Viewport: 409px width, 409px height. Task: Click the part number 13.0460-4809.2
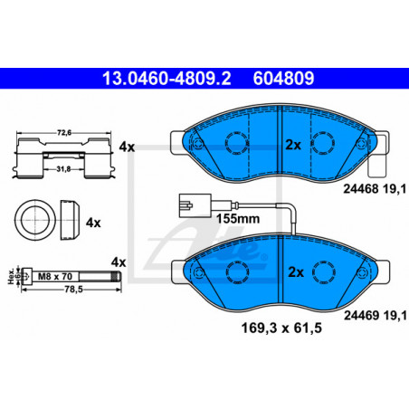[166, 79]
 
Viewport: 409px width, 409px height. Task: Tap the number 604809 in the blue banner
[283, 79]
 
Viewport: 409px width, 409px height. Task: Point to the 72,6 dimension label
[64, 132]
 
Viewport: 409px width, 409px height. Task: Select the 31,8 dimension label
[63, 169]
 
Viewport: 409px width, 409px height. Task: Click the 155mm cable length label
[238, 219]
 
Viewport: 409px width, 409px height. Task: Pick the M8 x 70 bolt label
[55, 276]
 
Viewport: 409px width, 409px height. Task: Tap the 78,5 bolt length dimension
[73, 290]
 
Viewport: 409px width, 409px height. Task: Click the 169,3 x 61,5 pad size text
[281, 328]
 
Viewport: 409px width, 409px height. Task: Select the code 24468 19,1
[375, 189]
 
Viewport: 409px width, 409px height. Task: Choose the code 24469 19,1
[376, 316]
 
